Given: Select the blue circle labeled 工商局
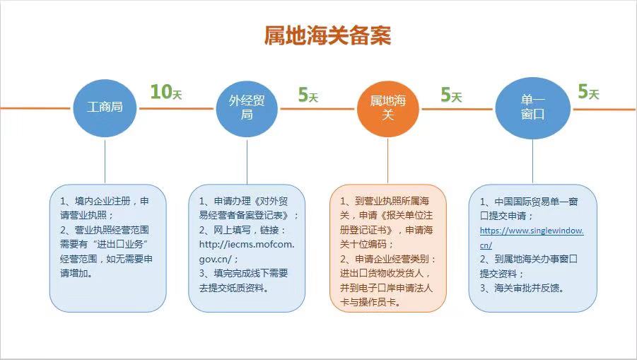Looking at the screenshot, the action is (x=105, y=108).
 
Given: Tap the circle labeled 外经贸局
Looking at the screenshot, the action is (x=247, y=108).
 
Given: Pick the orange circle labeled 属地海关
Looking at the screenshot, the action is (x=388, y=108).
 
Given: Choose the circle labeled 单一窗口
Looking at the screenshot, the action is (x=532, y=108).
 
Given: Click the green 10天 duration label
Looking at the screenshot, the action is (x=166, y=92).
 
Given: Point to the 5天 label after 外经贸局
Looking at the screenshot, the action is (x=308, y=95).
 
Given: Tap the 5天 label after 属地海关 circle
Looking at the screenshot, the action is (x=451, y=95).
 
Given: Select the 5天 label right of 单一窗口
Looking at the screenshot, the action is (x=589, y=92).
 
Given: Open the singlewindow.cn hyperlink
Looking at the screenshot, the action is (x=532, y=238).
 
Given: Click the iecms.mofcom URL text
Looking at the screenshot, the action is (x=247, y=252).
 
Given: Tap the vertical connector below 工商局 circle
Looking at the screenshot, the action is (x=105, y=160).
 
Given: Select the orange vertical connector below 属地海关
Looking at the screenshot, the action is (x=387, y=161).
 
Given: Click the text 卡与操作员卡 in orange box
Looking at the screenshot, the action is (x=370, y=302).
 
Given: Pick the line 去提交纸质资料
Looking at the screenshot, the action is (x=233, y=288).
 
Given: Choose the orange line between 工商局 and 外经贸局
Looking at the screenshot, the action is (x=176, y=108).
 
